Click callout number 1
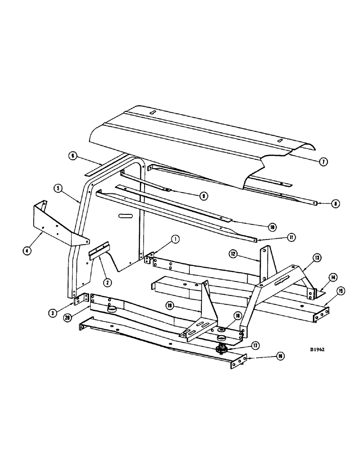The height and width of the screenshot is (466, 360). [175, 240]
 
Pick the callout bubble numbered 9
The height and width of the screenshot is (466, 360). [204, 196]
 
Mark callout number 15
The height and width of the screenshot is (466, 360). [341, 292]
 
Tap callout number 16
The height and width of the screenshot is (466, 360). [279, 356]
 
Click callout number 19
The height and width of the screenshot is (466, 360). [171, 306]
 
